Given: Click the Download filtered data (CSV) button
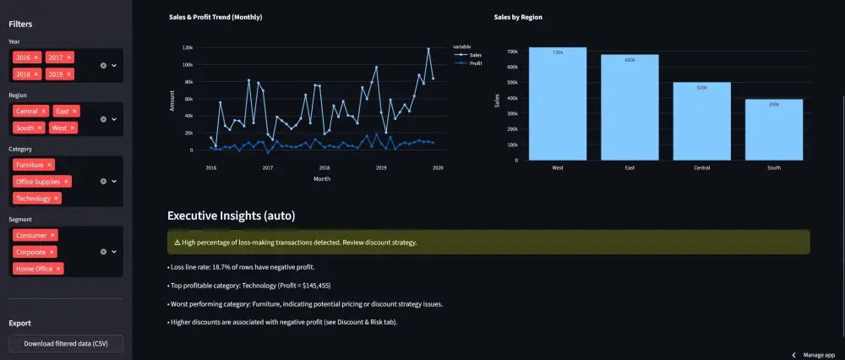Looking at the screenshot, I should click(x=66, y=343).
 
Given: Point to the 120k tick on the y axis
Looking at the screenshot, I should click(x=188, y=47).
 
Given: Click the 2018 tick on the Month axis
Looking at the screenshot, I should click(x=324, y=168).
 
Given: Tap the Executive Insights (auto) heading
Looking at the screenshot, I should click(x=231, y=216).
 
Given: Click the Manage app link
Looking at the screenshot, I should click(x=818, y=355).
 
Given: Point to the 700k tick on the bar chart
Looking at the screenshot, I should click(x=512, y=52).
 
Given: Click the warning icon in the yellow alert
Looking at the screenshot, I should click(x=177, y=243).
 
